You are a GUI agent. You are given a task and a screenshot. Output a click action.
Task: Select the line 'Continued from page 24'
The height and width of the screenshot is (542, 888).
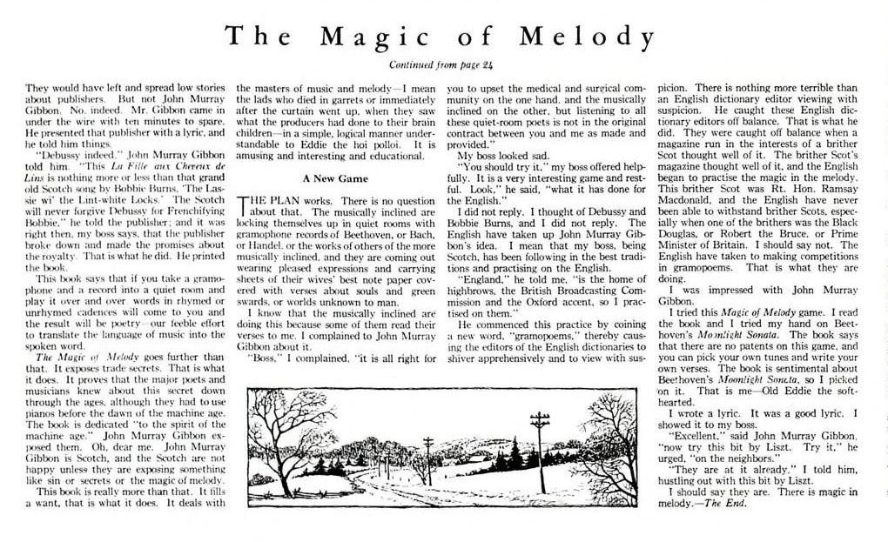click(443, 64)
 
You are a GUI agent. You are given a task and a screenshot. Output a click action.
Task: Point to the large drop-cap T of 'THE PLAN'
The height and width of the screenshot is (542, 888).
click(244, 205)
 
